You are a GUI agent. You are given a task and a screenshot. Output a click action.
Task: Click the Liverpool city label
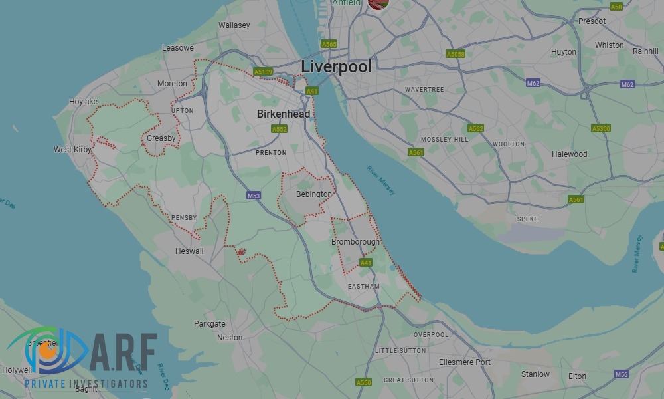click(x=336, y=66)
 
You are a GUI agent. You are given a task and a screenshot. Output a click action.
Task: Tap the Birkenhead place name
click(x=284, y=114)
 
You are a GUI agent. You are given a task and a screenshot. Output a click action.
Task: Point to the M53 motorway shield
click(x=253, y=196)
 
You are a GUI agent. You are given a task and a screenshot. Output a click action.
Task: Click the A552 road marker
click(x=279, y=129)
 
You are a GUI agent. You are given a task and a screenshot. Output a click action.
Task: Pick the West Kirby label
click(x=72, y=150)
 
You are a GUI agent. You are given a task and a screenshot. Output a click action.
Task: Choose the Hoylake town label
click(x=83, y=102)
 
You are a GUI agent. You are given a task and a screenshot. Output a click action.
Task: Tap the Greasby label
click(x=161, y=138)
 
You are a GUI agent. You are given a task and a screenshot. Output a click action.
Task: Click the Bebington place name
click(x=314, y=194)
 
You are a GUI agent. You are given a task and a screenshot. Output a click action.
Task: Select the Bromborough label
click(x=356, y=242)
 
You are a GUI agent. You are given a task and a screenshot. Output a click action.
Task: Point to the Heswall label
click(x=189, y=251)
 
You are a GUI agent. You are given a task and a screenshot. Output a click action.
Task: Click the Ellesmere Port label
click(x=465, y=362)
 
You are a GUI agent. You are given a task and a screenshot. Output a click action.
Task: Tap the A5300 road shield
click(x=600, y=128)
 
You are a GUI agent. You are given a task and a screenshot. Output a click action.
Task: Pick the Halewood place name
click(x=569, y=154)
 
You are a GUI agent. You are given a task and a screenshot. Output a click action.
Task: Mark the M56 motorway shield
click(x=621, y=374)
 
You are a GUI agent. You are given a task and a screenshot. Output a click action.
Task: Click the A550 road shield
click(x=364, y=382)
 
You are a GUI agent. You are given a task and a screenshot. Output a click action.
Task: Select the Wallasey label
click(x=234, y=25)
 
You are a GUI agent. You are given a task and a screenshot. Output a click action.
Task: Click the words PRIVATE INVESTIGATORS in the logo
click(x=86, y=384)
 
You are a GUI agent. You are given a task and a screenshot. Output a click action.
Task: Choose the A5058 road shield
click(x=456, y=54)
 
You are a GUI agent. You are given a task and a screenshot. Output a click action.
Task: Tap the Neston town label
click(x=230, y=338)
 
